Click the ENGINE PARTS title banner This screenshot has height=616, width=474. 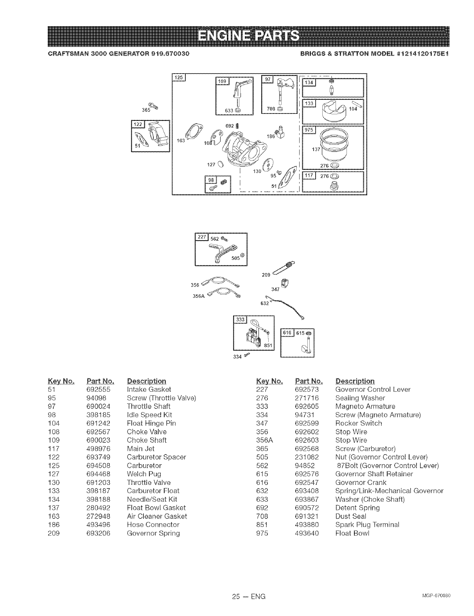coord(249,36)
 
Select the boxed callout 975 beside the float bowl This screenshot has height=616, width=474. coord(309,130)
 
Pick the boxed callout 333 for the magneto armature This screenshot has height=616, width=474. coord(239,320)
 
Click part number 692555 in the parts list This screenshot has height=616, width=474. coord(99,389)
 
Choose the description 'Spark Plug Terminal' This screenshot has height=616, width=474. coord(367,525)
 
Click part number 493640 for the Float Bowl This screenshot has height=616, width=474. coord(307,533)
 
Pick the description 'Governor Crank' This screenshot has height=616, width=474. coord(361,483)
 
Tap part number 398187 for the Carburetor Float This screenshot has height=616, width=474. coord(99,491)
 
